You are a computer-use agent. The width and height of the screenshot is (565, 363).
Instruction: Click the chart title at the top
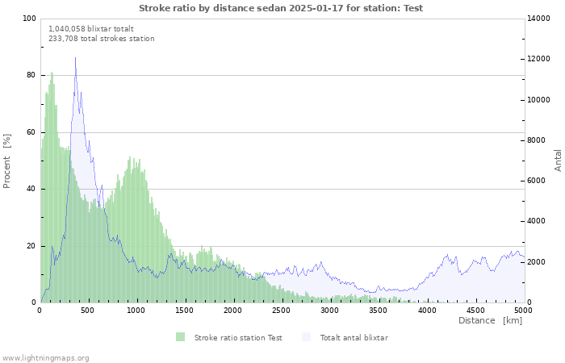click(280, 8)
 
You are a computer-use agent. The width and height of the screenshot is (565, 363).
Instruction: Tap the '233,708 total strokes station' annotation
click(102, 38)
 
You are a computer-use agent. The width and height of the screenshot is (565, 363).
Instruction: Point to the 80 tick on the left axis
click(31, 75)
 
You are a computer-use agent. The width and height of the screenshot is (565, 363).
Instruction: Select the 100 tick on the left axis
click(29, 19)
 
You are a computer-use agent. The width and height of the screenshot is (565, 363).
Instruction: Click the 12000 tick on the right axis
click(541, 59)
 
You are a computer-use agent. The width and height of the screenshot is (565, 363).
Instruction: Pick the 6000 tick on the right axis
click(538, 181)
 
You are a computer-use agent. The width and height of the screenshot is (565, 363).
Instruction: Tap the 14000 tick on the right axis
click(541, 19)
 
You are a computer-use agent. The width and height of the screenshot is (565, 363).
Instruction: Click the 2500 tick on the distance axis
click(282, 310)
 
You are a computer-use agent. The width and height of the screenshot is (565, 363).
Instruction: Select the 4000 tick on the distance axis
click(427, 310)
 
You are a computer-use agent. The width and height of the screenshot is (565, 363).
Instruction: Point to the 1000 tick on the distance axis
click(136, 310)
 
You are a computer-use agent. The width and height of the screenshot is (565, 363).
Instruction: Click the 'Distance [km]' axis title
click(490, 320)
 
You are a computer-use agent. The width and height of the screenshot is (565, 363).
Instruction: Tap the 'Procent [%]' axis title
click(7, 161)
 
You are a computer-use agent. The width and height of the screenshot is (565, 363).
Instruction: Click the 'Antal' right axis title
click(558, 160)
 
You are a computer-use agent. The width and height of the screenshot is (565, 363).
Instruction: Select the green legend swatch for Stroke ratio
click(180, 337)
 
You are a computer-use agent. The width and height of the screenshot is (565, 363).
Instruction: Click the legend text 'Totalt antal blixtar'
click(354, 337)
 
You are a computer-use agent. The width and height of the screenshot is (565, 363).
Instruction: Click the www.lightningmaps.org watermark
click(45, 357)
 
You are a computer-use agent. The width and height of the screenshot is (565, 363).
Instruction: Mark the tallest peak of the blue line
click(76, 57)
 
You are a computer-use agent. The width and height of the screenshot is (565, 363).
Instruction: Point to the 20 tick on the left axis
click(31, 245)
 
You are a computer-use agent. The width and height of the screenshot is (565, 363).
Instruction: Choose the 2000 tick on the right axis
click(538, 262)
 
